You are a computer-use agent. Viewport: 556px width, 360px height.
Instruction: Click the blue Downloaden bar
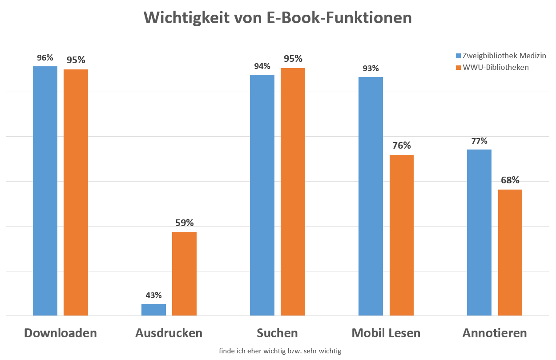45,191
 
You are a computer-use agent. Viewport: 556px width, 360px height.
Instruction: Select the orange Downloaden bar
76,192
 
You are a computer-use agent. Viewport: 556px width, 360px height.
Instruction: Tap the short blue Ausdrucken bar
153,310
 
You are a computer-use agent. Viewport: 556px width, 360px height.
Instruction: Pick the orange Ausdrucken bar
184,274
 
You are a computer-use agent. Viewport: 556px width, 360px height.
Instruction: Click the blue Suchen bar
262,195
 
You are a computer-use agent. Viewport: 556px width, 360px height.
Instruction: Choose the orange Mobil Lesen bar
401,235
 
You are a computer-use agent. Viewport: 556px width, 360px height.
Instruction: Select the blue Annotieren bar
479,232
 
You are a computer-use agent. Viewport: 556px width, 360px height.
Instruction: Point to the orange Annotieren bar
510,252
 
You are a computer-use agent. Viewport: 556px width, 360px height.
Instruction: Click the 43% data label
153,295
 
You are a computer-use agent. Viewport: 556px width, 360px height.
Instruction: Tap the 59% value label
184,223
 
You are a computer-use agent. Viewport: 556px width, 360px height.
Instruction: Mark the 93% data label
371,69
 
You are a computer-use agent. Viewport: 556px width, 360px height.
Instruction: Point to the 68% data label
510,180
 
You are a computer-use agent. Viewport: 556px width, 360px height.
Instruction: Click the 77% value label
479,141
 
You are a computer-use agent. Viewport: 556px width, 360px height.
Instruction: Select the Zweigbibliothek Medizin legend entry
504,56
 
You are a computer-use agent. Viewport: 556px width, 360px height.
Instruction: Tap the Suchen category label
277,333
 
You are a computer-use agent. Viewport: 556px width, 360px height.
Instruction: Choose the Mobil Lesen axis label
386,333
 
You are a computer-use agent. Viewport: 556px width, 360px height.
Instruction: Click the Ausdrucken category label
169,333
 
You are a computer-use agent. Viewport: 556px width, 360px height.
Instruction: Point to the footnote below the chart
280,351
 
